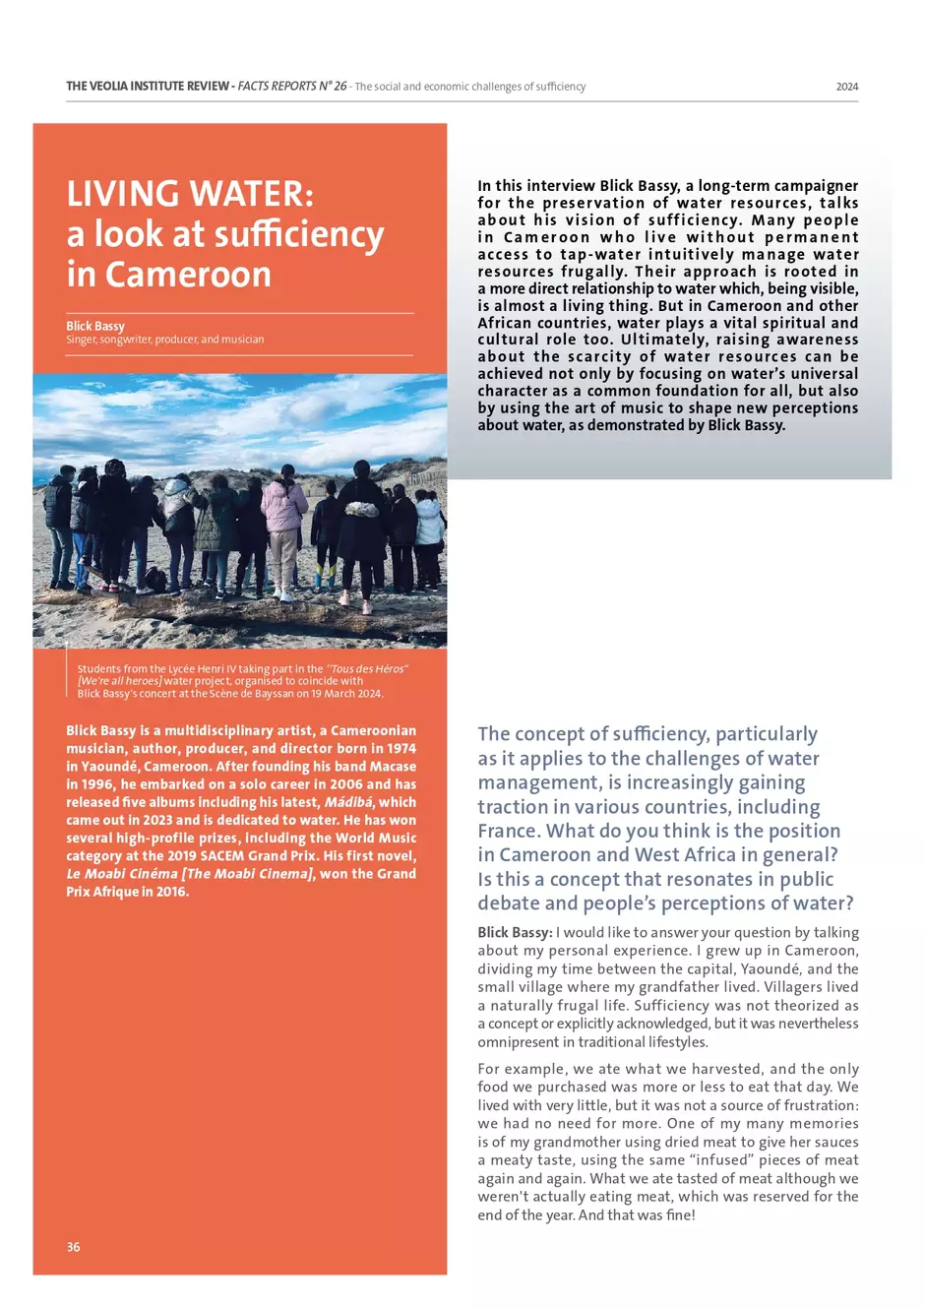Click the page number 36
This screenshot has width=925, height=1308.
(x=74, y=1247)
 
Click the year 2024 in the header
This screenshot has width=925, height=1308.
(x=846, y=87)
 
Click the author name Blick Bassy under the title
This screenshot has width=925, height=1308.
(x=95, y=326)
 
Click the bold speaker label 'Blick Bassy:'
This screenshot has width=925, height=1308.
(x=515, y=932)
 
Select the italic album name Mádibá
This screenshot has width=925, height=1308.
(x=348, y=802)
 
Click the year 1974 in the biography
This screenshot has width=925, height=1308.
(x=401, y=749)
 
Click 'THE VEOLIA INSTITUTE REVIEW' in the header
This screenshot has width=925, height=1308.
(x=148, y=87)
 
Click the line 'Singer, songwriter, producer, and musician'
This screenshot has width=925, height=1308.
(x=165, y=340)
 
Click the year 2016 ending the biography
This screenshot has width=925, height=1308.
(x=172, y=892)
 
